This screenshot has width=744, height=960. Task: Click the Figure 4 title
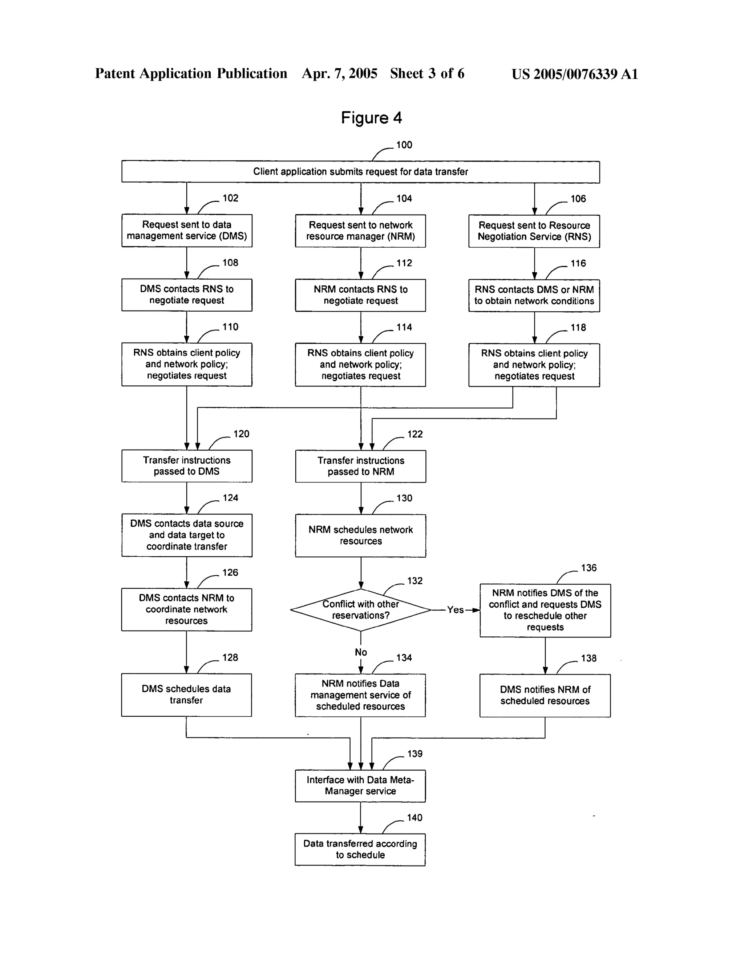coord(371,118)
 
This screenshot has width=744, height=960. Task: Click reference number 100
coord(404,145)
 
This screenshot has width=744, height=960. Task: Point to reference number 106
coord(578,199)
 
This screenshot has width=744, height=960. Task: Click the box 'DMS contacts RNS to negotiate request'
coord(187,295)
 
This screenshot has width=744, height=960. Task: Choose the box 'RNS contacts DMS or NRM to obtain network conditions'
coord(534,295)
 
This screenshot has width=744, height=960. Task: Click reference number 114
coord(404,327)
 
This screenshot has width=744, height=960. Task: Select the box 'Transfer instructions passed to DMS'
coord(187,466)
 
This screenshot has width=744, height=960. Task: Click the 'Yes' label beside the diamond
coord(455,610)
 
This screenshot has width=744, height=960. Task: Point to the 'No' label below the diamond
coord(361,652)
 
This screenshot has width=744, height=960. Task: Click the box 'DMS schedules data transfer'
coord(186,695)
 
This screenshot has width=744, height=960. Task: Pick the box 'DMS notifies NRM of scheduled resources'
coord(545,695)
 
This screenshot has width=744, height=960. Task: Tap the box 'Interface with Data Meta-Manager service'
coord(360,785)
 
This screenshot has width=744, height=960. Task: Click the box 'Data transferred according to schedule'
coord(360,849)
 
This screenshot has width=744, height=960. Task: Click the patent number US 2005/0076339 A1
coord(574,74)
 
